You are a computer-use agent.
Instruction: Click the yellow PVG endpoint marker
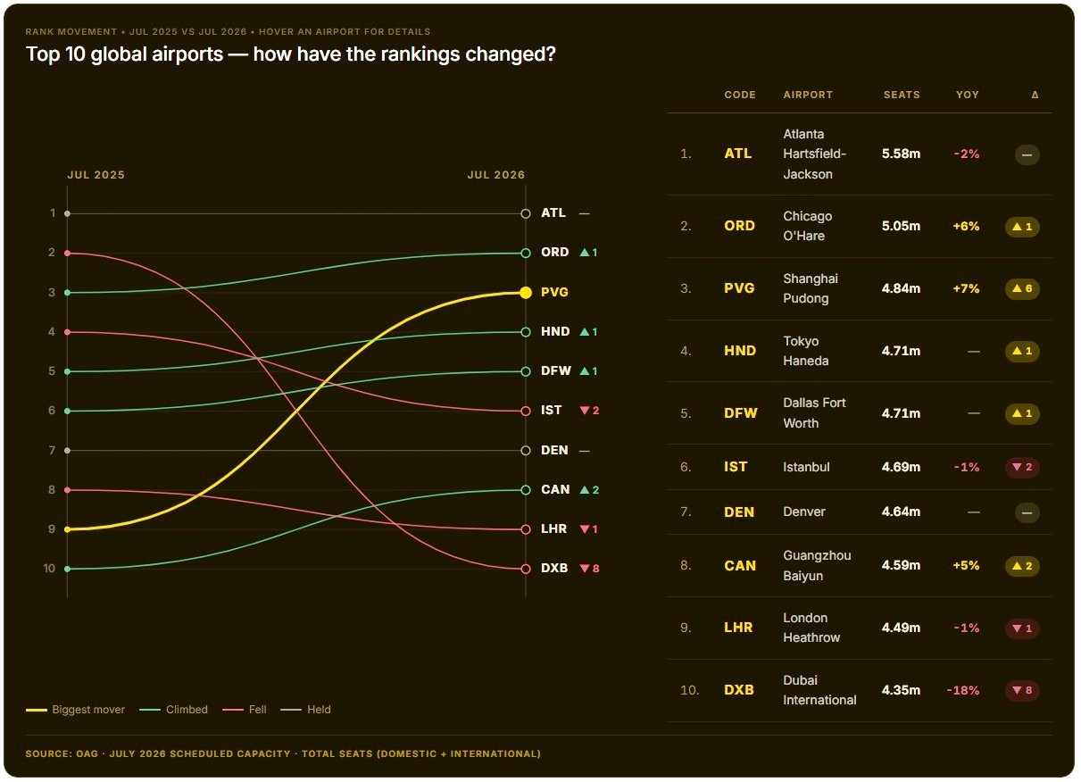pyautogui.click(x=526, y=293)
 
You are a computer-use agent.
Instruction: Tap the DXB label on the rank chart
pyautogui.click(x=554, y=568)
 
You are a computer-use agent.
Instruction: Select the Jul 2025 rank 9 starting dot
pyautogui.click(x=68, y=529)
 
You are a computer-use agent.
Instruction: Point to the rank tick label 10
pyautogui.click(x=49, y=568)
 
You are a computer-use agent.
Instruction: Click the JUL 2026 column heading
pyautogui.click(x=495, y=175)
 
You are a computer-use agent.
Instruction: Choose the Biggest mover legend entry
pyautogui.click(x=75, y=710)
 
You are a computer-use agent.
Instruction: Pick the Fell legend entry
pyautogui.click(x=245, y=710)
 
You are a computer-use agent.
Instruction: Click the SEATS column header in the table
pyautogui.click(x=902, y=95)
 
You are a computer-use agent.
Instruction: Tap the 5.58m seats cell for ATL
pyautogui.click(x=901, y=154)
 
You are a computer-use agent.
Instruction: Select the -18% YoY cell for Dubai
pyautogui.click(x=963, y=690)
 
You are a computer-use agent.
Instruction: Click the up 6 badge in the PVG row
pyautogui.click(x=1022, y=288)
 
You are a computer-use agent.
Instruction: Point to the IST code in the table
pyautogui.click(x=736, y=467)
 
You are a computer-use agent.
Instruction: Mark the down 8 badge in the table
pyautogui.click(x=1022, y=690)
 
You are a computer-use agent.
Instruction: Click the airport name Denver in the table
pyautogui.click(x=804, y=512)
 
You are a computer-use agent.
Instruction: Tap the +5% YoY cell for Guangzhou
pyautogui.click(x=966, y=565)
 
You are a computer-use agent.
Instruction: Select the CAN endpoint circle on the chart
pyautogui.click(x=526, y=490)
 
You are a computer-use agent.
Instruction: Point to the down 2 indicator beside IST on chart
pyautogui.click(x=589, y=411)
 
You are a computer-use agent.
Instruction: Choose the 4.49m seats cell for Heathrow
pyautogui.click(x=901, y=628)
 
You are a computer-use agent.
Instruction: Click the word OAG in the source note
pyautogui.click(x=87, y=754)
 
